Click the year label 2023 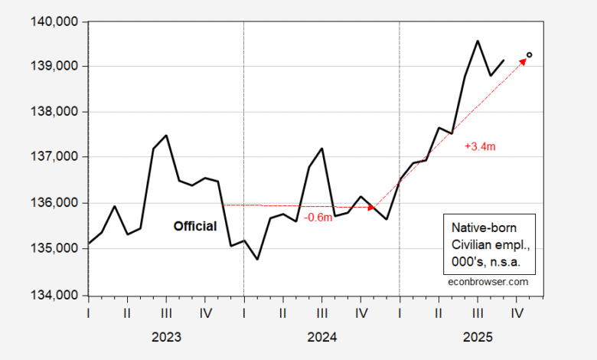coord(166,336)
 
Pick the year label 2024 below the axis coord(322,336)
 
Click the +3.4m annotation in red coord(480,145)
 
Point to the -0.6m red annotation coord(318,218)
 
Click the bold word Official coord(194,227)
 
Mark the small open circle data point coord(530,55)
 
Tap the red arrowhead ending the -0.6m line coord(374,207)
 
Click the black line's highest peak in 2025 coord(478,41)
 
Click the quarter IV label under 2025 coord(517,313)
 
